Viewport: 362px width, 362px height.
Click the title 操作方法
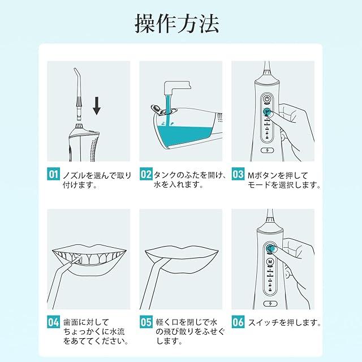click(176, 24)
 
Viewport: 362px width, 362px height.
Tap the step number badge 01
click(53, 174)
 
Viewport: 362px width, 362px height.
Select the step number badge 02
click(146, 174)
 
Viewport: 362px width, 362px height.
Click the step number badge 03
click(238, 174)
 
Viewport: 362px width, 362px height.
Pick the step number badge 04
click(53, 322)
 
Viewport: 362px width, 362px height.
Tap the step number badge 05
click(146, 322)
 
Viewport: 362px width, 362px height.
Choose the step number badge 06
click(238, 322)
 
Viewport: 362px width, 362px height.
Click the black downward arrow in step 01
click(97, 106)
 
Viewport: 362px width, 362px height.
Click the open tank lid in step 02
click(157, 109)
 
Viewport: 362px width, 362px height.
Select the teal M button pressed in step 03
click(267, 111)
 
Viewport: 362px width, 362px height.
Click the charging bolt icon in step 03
click(268, 150)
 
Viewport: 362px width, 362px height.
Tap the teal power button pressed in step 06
click(270, 248)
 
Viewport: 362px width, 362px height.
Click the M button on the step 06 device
click(270, 262)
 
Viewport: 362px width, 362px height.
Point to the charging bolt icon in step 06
click(270, 304)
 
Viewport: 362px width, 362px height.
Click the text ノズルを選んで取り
click(97, 175)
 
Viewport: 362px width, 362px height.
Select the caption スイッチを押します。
click(285, 322)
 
